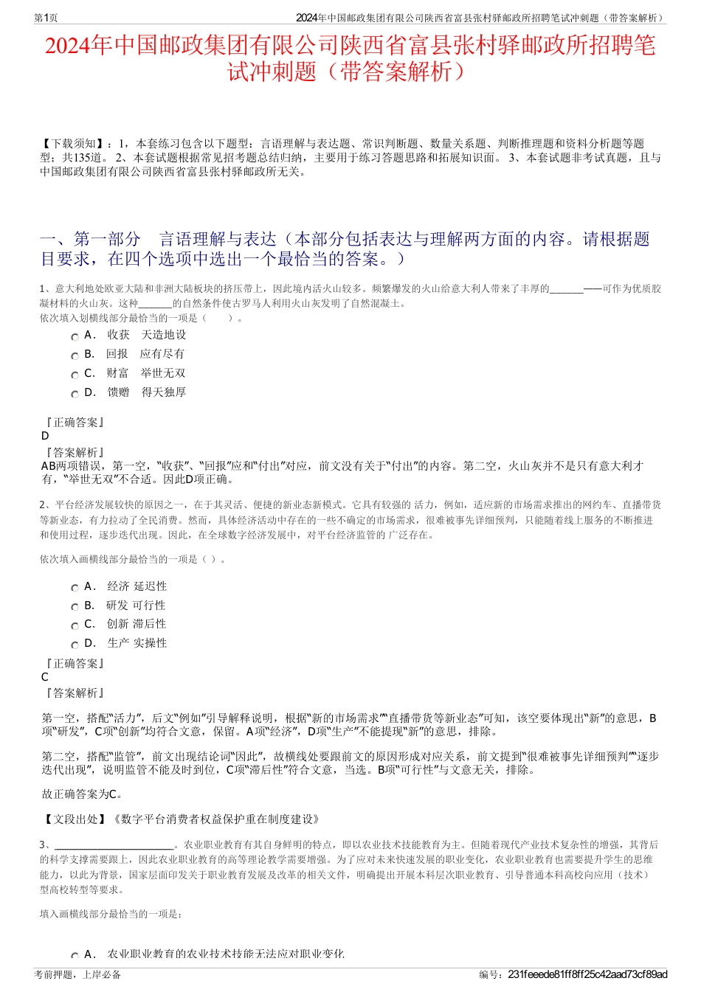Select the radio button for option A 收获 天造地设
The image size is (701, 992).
pyautogui.click(x=75, y=336)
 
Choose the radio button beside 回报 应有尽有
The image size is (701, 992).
pyautogui.click(x=75, y=355)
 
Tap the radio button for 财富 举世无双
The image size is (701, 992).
pyautogui.click(x=75, y=375)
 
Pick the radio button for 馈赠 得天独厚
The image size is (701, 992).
pyautogui.click(x=75, y=394)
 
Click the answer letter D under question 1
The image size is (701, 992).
pyautogui.click(x=45, y=436)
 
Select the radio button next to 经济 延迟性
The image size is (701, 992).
pyautogui.click(x=75, y=588)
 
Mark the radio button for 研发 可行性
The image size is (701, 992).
pyautogui.click(x=75, y=607)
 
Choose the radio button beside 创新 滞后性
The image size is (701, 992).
pyautogui.click(x=75, y=625)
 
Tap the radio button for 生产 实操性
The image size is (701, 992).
pyautogui.click(x=75, y=645)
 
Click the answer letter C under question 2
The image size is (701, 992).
pyautogui.click(x=45, y=677)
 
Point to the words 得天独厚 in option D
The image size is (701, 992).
pyautogui.click(x=163, y=392)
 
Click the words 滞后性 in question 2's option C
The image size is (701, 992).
pyautogui.click(x=150, y=624)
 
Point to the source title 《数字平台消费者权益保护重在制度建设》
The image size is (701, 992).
pyautogui.click(x=214, y=819)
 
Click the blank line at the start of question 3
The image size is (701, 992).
pyautogui.click(x=114, y=845)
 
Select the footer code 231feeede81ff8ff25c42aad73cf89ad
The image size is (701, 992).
pyautogui.click(x=587, y=974)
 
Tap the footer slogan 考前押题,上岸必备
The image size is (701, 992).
pyautogui.click(x=77, y=974)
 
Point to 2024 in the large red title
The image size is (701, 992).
pyautogui.click(x=70, y=46)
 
